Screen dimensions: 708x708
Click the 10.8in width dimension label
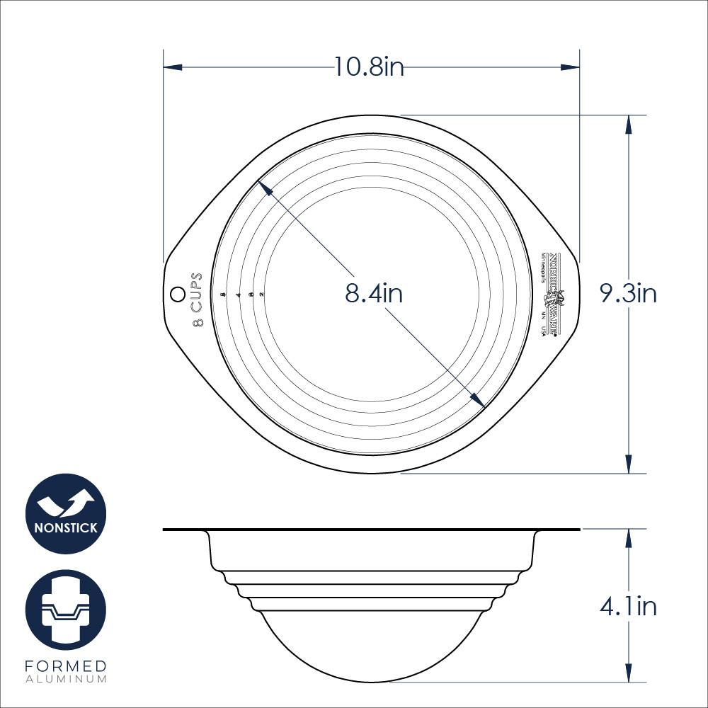369,67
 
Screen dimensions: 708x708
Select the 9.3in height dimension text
628,293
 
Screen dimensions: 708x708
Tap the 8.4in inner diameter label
374,293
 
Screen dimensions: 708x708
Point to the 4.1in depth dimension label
628,607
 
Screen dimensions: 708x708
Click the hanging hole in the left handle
176,293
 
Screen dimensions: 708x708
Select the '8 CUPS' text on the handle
198,299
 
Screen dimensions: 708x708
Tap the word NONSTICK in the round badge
66,527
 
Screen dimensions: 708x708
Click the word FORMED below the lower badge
66,666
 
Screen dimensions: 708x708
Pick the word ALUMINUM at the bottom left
66,679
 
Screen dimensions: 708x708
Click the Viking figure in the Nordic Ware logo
556,297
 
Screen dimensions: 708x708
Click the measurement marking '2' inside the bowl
262,294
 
